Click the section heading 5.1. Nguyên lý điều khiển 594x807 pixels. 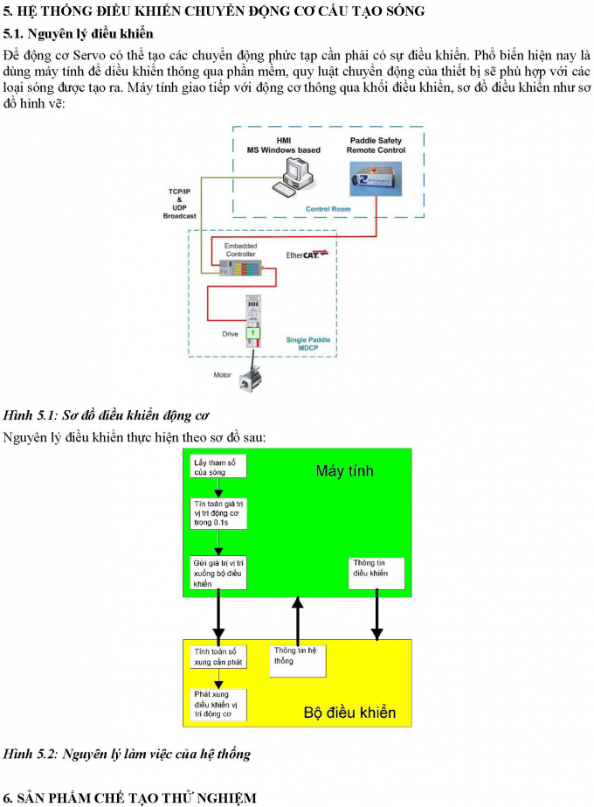(78, 34)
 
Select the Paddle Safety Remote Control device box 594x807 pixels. (376, 183)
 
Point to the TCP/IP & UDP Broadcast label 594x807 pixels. (179, 203)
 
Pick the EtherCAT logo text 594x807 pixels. (307, 255)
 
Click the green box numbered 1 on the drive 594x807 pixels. (253, 333)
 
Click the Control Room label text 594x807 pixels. (328, 209)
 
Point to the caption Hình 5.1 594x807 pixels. (106, 414)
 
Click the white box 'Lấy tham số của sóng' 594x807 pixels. (218, 466)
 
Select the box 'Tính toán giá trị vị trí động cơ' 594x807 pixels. (218, 513)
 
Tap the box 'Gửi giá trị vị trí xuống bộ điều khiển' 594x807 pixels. (218, 572)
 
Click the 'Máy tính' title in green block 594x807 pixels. (344, 471)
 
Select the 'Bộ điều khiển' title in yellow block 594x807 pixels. (349, 713)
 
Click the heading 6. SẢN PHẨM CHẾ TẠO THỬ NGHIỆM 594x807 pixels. (130, 797)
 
